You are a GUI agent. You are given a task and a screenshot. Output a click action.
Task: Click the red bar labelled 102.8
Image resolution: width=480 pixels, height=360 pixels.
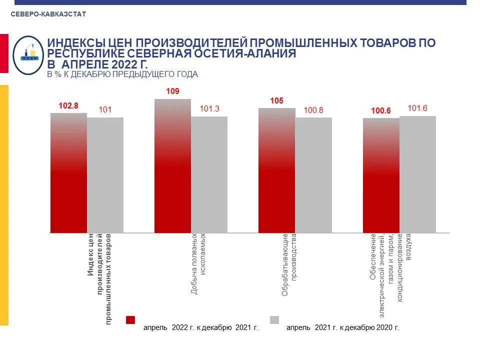(x=68, y=173)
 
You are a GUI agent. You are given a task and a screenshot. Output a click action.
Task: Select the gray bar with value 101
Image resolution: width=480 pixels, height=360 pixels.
(x=105, y=175)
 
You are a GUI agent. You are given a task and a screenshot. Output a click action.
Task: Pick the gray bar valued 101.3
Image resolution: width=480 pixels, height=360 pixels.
(x=209, y=174)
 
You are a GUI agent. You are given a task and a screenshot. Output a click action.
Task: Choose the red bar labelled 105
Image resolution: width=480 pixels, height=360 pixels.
(x=276, y=170)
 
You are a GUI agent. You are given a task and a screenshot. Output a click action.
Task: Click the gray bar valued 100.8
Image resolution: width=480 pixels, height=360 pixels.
(x=313, y=175)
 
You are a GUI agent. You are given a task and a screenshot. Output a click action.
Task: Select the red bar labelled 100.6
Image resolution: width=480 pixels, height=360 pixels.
(x=381, y=175)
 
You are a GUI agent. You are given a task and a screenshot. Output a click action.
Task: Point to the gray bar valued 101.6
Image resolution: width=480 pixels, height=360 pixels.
(x=417, y=174)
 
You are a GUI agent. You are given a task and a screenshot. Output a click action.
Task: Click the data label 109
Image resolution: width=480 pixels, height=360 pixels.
(x=172, y=91)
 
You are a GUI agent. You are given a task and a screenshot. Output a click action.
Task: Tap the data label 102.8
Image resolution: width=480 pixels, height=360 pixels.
(x=68, y=105)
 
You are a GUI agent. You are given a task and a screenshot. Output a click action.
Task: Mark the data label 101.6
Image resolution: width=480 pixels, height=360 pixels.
(x=417, y=108)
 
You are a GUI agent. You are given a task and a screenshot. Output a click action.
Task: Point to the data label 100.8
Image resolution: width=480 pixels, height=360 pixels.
(x=313, y=109)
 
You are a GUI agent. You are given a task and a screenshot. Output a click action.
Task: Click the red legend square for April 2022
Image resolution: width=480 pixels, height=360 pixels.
(x=130, y=320)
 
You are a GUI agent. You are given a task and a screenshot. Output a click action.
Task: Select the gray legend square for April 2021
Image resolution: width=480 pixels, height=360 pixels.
(x=274, y=320)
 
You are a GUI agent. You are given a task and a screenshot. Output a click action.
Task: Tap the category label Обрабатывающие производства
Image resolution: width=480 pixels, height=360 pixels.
(x=289, y=264)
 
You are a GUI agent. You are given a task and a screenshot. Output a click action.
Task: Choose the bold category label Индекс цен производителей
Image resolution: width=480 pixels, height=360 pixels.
(x=99, y=277)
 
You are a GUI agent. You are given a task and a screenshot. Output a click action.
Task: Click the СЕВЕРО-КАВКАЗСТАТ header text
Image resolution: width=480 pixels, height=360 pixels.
(x=48, y=14)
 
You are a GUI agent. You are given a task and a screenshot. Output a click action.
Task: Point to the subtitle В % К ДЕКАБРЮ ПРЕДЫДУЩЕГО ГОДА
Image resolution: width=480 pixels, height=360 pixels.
(x=122, y=74)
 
